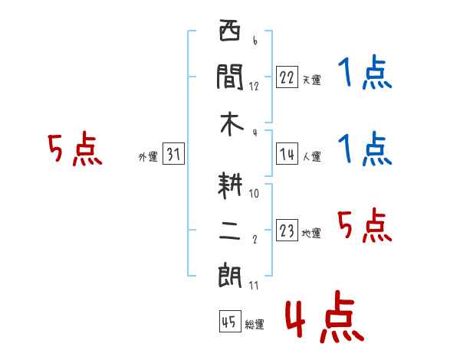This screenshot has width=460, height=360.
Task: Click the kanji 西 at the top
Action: [x=230, y=30]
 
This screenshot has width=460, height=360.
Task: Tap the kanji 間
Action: [x=230, y=77]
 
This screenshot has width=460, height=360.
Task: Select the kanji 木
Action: [x=232, y=124]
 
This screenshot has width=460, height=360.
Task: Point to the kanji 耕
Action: [x=230, y=185]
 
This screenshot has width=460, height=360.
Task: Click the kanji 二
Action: [x=230, y=231]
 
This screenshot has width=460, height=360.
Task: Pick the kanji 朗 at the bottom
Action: [x=230, y=277]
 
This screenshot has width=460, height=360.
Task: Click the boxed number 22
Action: [x=287, y=77]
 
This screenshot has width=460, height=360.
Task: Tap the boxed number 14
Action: [x=287, y=154]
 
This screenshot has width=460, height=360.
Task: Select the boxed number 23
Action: [x=287, y=230]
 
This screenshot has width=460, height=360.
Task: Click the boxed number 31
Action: [x=173, y=154]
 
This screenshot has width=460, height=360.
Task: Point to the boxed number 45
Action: [x=230, y=321]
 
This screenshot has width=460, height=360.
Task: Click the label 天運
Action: [x=312, y=80]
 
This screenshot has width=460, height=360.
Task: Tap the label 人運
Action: [x=312, y=156]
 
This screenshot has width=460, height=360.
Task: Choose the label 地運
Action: [x=311, y=233]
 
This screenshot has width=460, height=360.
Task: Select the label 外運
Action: [x=148, y=156]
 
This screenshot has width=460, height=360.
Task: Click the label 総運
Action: [x=255, y=324]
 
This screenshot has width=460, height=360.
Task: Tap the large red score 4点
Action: [x=325, y=317]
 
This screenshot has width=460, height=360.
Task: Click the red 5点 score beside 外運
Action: [x=75, y=149]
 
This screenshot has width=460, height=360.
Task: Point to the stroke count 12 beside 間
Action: [x=254, y=87]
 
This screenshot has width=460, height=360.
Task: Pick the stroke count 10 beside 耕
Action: [x=254, y=193]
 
